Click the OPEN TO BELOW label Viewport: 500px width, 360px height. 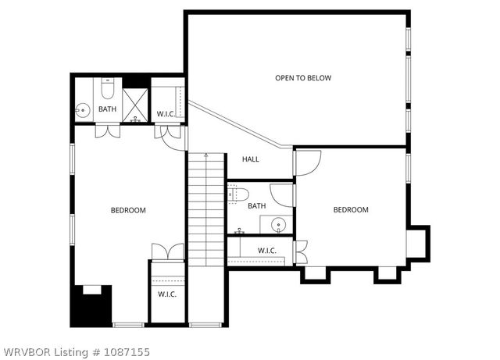tap(302, 78)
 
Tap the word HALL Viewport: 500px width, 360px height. tap(250, 159)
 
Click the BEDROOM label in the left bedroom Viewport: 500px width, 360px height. tap(128, 210)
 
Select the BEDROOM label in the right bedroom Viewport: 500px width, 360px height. tap(351, 209)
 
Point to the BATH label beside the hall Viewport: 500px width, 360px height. tap(256, 206)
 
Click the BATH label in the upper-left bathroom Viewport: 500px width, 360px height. tap(107, 109)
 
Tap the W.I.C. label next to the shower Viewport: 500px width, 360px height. tap(166, 114)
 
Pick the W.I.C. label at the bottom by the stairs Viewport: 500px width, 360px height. tap(166, 294)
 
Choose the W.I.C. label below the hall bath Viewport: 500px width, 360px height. tap(267, 251)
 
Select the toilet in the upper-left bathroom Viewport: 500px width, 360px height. tap(109, 88)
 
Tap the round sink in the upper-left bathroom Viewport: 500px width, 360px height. tap(82, 110)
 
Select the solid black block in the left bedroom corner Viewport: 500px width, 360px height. tap(91, 306)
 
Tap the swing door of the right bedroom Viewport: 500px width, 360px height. tap(307, 162)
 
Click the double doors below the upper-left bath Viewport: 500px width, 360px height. tap(107, 131)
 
